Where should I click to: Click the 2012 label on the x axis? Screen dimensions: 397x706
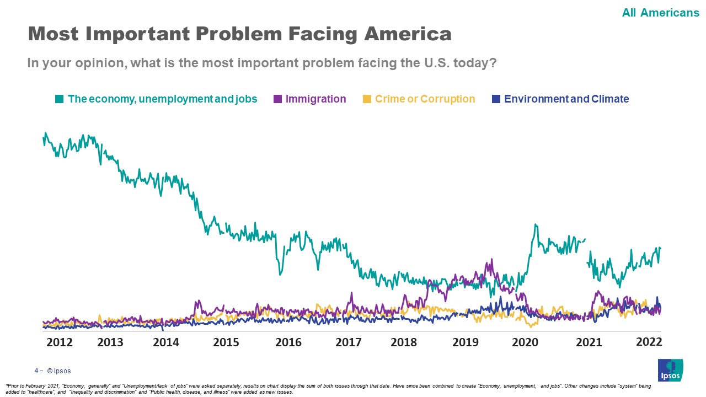click(x=60, y=342)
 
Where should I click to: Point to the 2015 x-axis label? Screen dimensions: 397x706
click(x=226, y=342)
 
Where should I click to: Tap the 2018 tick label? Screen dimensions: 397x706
click(x=404, y=342)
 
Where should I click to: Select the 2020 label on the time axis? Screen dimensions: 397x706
click(x=525, y=342)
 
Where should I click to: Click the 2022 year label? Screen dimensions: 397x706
click(x=649, y=341)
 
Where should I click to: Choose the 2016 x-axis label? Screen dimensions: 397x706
click(x=288, y=342)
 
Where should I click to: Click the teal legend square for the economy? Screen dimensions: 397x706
click(x=59, y=99)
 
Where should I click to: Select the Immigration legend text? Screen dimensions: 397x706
click(x=315, y=99)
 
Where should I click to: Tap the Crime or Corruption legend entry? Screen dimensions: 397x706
click(x=425, y=99)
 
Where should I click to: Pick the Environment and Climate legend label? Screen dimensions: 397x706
click(x=566, y=99)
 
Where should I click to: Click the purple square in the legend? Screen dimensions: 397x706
click(x=277, y=99)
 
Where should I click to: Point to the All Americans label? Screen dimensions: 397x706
click(x=660, y=12)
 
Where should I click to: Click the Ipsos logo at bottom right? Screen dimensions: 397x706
click(x=670, y=369)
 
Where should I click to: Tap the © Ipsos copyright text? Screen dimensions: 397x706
click(x=59, y=371)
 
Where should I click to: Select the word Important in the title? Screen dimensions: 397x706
click(x=131, y=34)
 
